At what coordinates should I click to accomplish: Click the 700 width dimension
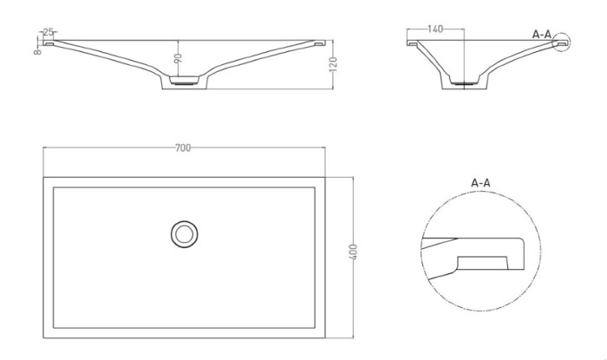point(182,148)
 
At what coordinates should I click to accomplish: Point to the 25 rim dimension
point(44,32)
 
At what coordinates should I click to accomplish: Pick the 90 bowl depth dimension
point(178,59)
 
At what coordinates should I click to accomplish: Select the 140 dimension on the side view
point(435,29)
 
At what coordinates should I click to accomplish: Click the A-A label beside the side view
point(542,34)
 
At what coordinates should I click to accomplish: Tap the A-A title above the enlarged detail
point(481,183)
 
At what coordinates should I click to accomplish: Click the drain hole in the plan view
point(184,232)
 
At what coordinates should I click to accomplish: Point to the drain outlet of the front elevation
point(184,82)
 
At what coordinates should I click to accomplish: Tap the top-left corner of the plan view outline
point(43,178)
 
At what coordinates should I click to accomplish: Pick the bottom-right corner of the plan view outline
point(324,338)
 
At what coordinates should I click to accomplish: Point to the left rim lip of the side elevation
point(413,42)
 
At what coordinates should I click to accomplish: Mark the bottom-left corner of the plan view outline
point(43,338)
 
